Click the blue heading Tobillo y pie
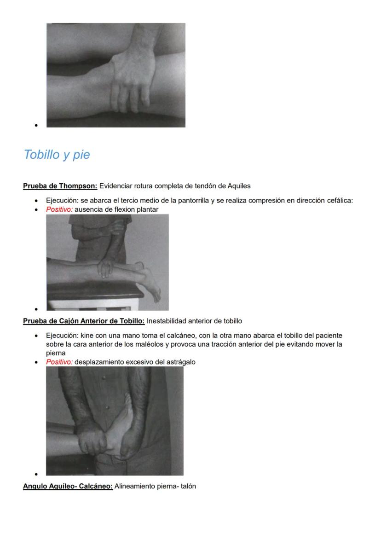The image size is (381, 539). (x=57, y=155)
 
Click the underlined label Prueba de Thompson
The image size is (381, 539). (x=60, y=186)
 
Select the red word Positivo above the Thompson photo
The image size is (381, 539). (x=59, y=210)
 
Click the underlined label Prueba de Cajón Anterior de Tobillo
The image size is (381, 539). (x=84, y=321)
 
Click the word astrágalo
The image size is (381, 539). (x=179, y=362)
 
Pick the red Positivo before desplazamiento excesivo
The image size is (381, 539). (x=59, y=362)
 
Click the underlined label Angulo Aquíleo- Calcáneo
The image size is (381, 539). (x=68, y=486)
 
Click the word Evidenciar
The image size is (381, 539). (x=115, y=186)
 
